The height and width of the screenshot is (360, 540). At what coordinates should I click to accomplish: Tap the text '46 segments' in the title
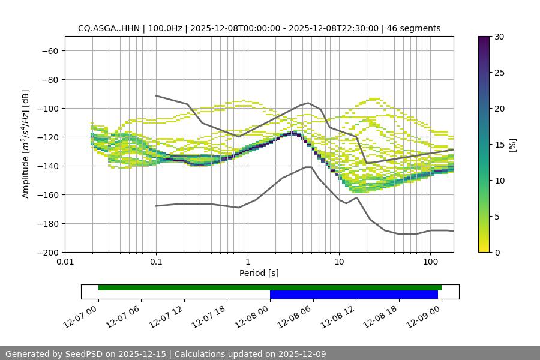tap(413, 29)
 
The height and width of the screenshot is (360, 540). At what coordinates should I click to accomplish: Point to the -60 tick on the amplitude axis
tap(49, 51)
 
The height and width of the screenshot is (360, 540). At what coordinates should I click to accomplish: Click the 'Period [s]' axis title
tap(259, 274)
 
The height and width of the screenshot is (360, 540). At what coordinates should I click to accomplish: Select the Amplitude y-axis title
tap(25, 145)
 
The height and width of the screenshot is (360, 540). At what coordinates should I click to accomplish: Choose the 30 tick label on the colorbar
tap(499, 37)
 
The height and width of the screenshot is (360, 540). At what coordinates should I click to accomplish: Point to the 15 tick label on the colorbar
tap(499, 145)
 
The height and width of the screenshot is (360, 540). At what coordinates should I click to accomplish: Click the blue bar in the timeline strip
tap(353, 295)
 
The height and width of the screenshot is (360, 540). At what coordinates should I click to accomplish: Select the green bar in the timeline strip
tap(269, 288)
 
